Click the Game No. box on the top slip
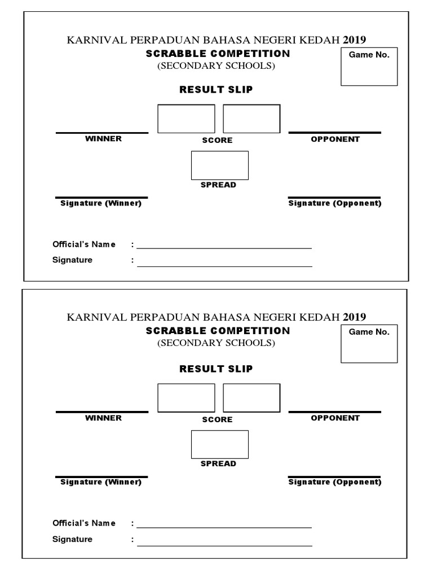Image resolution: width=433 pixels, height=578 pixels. pyautogui.click(x=369, y=67)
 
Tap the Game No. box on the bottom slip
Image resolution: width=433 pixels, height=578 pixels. pyautogui.click(x=369, y=344)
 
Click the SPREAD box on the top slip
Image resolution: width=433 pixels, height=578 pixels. pyautogui.click(x=220, y=165)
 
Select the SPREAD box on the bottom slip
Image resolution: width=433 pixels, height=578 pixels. pyautogui.click(x=220, y=444)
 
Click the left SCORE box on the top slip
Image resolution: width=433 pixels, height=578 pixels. pyautogui.click(x=186, y=119)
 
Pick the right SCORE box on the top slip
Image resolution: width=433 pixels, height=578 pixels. pyautogui.click(x=251, y=119)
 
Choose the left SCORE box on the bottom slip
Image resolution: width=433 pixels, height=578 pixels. pyautogui.click(x=186, y=397)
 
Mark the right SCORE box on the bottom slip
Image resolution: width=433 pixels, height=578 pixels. pyautogui.click(x=251, y=397)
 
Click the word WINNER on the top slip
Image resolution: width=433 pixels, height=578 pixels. pyautogui.click(x=103, y=139)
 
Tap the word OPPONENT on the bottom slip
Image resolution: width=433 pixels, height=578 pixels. pyautogui.click(x=335, y=418)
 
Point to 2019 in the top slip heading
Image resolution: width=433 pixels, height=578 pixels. pyautogui.click(x=355, y=40)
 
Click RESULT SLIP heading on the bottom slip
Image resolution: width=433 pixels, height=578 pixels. pyautogui.click(x=216, y=369)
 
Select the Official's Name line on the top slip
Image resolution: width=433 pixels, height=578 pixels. pyautogui.click(x=224, y=247)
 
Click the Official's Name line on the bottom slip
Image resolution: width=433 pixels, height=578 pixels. pyautogui.click(x=224, y=527)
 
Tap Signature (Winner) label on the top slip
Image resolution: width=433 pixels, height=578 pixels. pyautogui.click(x=101, y=203)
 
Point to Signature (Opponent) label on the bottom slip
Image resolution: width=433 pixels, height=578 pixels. pyautogui.click(x=335, y=482)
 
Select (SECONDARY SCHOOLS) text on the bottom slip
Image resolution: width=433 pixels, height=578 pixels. pyautogui.click(x=216, y=343)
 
